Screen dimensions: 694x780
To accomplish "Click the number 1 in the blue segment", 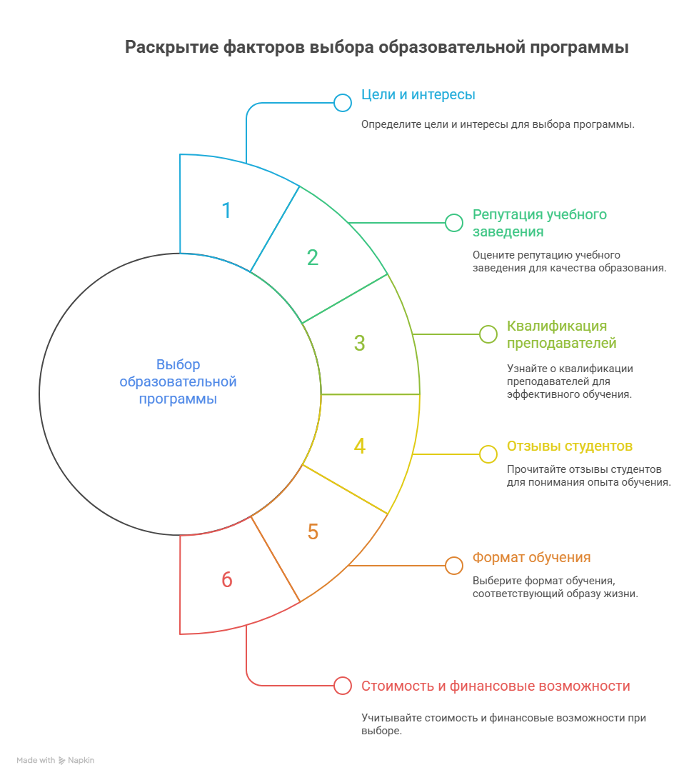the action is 227,211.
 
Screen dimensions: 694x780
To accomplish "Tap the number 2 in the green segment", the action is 313,258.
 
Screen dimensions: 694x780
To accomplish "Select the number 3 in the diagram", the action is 359,344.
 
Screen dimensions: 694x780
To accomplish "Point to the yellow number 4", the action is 359,446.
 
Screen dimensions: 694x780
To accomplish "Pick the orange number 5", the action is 313,531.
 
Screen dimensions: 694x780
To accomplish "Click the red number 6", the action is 227,579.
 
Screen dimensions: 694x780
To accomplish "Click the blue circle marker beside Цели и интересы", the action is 343,103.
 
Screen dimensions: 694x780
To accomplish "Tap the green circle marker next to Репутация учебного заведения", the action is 454,223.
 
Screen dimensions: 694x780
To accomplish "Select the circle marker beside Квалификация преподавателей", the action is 488,334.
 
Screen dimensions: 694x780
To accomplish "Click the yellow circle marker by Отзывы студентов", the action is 488,454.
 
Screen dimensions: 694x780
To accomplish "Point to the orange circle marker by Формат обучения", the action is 454,566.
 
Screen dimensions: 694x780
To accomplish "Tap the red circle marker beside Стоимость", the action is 343,686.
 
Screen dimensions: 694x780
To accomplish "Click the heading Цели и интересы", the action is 418,95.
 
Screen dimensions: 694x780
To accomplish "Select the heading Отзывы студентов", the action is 570,446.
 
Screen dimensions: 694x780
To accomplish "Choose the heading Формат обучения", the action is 531,558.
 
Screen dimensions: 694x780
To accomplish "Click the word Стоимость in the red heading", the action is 398,686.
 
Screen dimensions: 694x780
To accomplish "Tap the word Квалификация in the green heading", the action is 557,326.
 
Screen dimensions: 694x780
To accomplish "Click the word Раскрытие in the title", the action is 171,47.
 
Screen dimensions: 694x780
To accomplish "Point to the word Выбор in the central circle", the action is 178,364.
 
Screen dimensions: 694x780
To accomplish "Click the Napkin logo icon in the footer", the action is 61,761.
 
